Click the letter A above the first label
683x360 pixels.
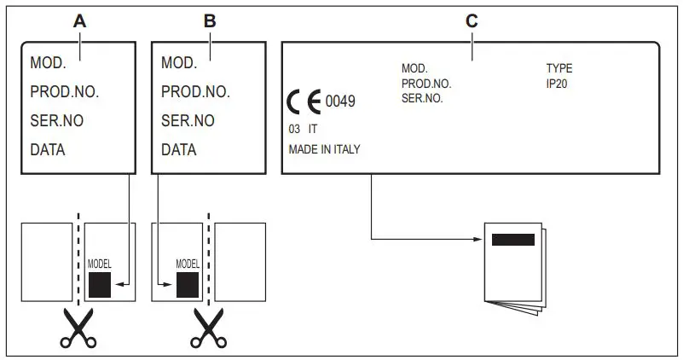coord(79,22)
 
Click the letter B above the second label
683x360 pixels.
coord(210,22)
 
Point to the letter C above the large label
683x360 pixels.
coord(471,22)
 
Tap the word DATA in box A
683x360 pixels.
coord(48,150)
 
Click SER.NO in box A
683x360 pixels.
coord(57,121)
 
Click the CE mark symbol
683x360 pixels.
coord(304,102)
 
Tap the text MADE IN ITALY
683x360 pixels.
coord(325,149)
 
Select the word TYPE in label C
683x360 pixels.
coord(559,68)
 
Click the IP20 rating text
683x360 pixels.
coord(558,84)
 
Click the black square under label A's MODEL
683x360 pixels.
coord(100,284)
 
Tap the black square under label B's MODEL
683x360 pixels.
coord(188,284)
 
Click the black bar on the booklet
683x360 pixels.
coord(513,239)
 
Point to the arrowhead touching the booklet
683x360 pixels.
coord(478,238)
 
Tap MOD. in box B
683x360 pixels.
coord(179,63)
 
